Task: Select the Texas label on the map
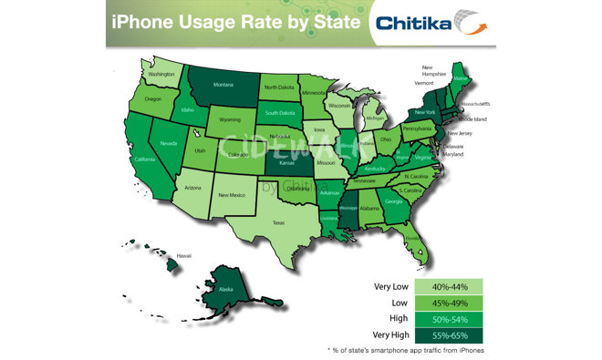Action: pos(278,221)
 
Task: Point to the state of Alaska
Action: pos(221,289)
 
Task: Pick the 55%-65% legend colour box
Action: pos(448,335)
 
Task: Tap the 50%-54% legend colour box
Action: pos(448,319)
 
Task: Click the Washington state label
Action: pos(161,74)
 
